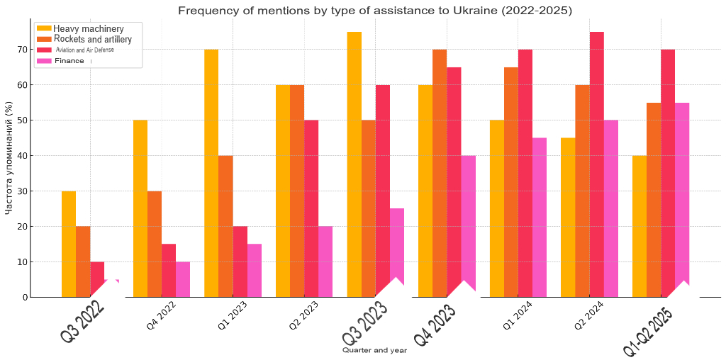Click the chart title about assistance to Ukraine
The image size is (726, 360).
374,11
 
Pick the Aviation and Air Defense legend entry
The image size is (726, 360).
84,50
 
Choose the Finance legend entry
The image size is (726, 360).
69,61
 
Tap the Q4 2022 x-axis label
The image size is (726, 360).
161,315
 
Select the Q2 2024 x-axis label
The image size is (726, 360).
589,315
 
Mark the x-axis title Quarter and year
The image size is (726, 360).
374,350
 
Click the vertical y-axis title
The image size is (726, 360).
9,158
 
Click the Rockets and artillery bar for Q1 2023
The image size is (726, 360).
225,226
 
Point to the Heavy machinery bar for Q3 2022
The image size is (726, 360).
69,244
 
